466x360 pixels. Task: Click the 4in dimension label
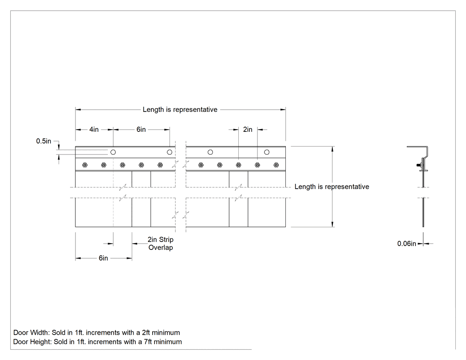click(x=94, y=130)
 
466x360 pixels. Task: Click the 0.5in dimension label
click(x=43, y=141)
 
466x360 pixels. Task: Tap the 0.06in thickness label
click(x=407, y=244)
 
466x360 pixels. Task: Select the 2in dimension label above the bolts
click(x=248, y=130)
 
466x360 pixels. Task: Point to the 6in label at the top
click(x=141, y=130)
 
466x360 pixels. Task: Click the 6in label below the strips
click(x=103, y=258)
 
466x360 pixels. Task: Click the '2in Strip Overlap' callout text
click(x=161, y=243)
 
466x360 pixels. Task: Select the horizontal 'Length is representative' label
click(x=180, y=110)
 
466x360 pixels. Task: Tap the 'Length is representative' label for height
click(x=332, y=187)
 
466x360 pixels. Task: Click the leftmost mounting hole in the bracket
click(x=113, y=152)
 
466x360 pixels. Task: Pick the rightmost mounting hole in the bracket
click(x=267, y=152)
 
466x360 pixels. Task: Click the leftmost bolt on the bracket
click(x=85, y=165)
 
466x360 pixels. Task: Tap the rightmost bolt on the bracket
click(x=276, y=165)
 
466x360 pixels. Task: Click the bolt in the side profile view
click(x=419, y=165)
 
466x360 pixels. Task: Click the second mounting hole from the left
click(x=170, y=152)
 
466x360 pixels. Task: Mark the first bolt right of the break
click(x=201, y=165)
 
